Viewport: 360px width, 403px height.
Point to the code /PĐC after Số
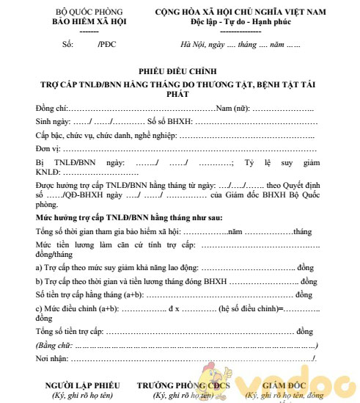tap(108, 45)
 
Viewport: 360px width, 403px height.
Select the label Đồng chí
tap(51, 108)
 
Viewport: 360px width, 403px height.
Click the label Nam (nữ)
tap(231, 108)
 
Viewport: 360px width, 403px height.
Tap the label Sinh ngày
tap(52, 121)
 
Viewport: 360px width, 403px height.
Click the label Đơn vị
tap(47, 148)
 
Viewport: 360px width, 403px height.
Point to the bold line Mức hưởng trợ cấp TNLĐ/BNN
tap(129, 218)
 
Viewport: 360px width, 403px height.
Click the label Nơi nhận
tap(51, 357)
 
